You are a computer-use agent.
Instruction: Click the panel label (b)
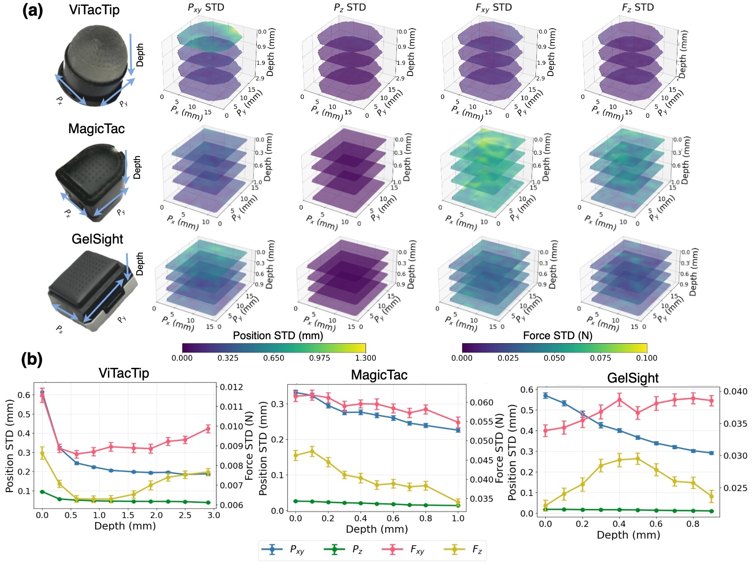(32, 360)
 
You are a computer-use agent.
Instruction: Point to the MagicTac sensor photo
(92, 181)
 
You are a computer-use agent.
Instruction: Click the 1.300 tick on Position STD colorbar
(365, 358)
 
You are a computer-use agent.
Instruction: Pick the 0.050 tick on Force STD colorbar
(554, 358)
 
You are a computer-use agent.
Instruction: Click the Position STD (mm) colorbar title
(278, 336)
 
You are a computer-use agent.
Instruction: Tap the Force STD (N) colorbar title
(557, 336)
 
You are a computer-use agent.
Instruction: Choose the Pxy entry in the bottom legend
(286, 550)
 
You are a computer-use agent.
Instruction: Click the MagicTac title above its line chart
(379, 375)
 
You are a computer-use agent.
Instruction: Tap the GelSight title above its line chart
(633, 378)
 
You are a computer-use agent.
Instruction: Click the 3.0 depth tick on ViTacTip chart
(214, 515)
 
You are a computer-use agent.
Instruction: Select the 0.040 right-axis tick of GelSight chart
(736, 391)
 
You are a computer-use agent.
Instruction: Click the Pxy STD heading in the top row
(206, 8)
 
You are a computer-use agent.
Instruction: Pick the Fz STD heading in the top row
(638, 8)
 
